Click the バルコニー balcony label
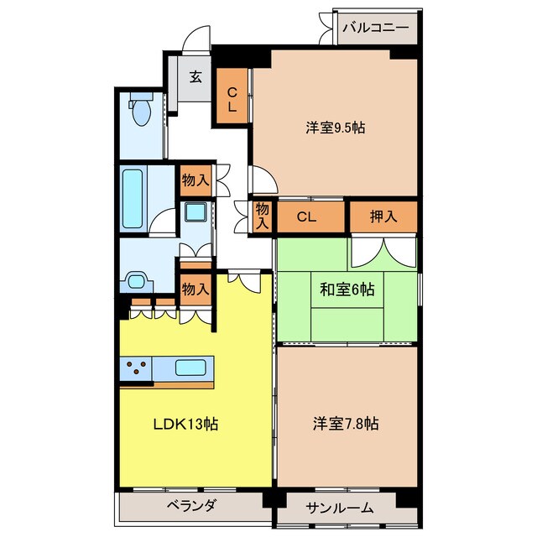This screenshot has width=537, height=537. point(376,28)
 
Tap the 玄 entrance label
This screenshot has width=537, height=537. point(196,76)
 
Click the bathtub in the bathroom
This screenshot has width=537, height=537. point(133,198)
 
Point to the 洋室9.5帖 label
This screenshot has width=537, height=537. point(336,128)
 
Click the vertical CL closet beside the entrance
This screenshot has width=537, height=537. point(232,96)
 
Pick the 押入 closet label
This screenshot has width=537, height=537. point(383,216)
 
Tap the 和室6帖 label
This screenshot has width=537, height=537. point(347,289)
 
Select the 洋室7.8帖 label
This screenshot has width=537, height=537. point(346,423)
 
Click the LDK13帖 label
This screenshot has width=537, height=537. point(185,424)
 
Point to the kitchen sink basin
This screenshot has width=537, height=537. point(190,368)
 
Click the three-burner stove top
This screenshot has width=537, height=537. point(136,368)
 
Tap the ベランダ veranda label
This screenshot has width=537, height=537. point(191,505)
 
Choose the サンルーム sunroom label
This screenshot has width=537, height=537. point(339,508)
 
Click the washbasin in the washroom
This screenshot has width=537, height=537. point(136,282)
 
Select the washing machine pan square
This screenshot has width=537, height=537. point(196,212)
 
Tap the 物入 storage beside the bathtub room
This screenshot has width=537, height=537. point(196,180)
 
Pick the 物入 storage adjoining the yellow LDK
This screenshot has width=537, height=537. point(196,289)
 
